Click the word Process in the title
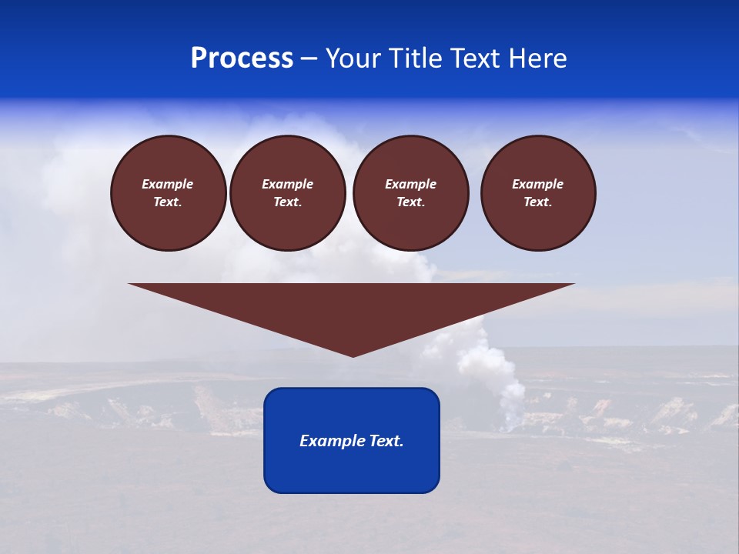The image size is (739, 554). point(242,58)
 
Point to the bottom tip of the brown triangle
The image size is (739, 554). point(353,355)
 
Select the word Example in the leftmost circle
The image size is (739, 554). point(168,184)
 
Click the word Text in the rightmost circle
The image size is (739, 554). point(537,202)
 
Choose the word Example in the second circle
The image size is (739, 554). point(287,184)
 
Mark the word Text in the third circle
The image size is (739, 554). point(410,202)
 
